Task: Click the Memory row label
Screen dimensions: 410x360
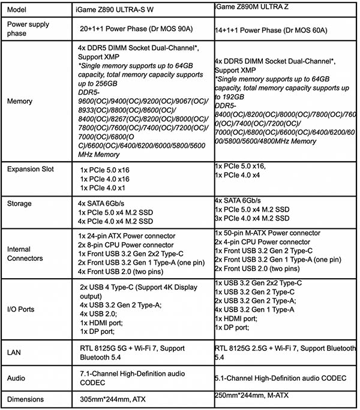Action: tap(20, 102)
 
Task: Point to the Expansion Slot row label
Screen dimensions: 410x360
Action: tap(31, 169)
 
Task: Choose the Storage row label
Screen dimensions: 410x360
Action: tap(20, 203)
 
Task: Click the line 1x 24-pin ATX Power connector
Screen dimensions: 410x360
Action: tap(127, 236)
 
